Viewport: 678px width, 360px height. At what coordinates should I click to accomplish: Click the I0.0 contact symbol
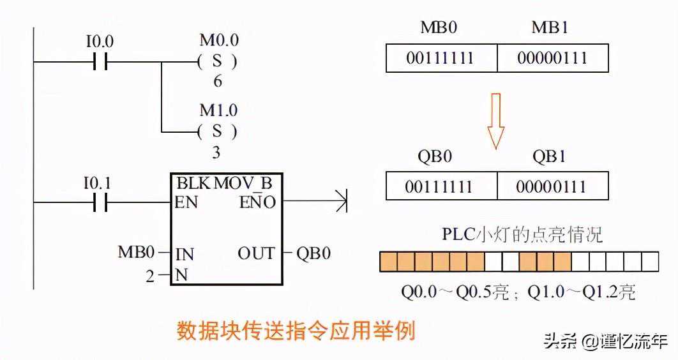tap(99, 63)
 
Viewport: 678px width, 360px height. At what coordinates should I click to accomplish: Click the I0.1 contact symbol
tap(99, 203)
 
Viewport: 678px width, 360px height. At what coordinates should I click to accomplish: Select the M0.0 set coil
tap(218, 62)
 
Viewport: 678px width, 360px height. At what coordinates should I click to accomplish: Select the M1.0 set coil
tap(218, 131)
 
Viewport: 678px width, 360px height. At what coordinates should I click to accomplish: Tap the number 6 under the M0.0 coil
tap(218, 82)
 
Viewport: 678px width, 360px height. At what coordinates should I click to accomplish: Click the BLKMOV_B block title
tap(225, 183)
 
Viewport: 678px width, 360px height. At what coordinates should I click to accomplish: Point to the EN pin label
tap(186, 203)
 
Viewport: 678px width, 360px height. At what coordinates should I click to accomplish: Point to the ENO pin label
tap(257, 203)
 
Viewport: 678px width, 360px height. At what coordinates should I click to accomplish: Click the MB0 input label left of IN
tap(137, 253)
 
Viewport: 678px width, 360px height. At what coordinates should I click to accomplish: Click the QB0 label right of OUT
tap(313, 253)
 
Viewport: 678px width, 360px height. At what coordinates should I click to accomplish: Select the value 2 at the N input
tap(150, 276)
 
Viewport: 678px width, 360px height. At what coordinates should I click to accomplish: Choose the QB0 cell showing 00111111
tap(441, 186)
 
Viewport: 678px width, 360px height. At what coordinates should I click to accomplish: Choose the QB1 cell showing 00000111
tap(552, 186)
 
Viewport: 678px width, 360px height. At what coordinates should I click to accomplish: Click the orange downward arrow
tap(496, 121)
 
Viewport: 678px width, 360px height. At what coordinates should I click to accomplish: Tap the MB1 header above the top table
tap(550, 28)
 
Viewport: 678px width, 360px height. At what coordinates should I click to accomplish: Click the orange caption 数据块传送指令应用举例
tap(296, 331)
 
